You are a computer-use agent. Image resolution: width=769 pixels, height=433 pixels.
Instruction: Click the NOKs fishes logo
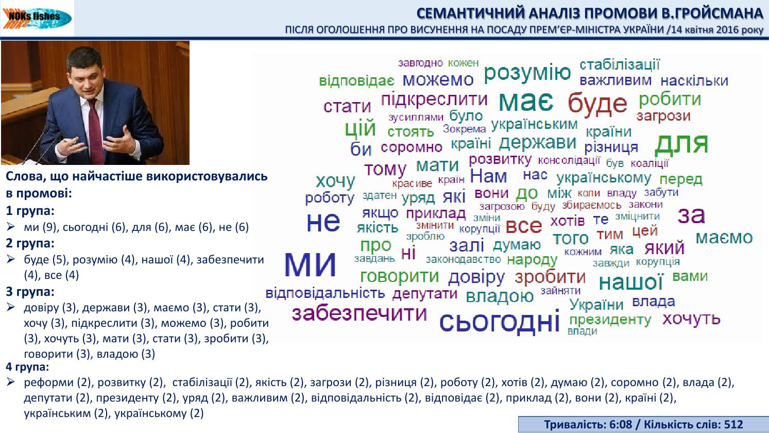coord(37,18)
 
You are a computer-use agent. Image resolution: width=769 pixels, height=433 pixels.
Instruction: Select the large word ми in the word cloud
coord(310,262)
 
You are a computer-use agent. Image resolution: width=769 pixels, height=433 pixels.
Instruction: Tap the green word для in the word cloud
coord(681,144)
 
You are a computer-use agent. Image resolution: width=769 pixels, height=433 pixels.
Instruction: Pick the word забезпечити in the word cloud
coord(359,313)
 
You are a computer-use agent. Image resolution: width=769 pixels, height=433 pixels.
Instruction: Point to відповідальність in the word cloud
coord(325,293)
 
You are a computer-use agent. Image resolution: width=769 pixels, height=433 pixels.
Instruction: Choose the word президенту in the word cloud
coord(610,320)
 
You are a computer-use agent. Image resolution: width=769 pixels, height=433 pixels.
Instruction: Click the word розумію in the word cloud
coord(527,73)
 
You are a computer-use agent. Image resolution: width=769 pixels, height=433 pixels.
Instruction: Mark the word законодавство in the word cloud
coord(463,259)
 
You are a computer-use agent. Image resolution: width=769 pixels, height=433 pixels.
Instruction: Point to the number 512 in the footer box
coord(733,424)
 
